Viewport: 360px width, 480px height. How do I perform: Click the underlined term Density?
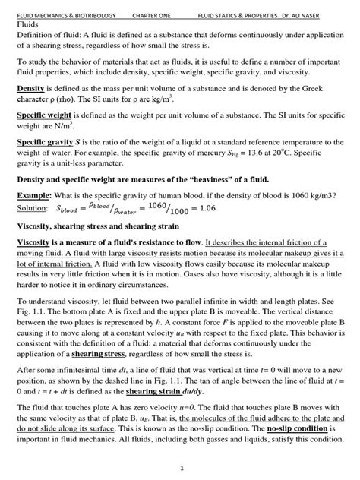coord(30,89)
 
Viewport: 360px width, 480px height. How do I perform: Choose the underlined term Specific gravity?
coord(44,141)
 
